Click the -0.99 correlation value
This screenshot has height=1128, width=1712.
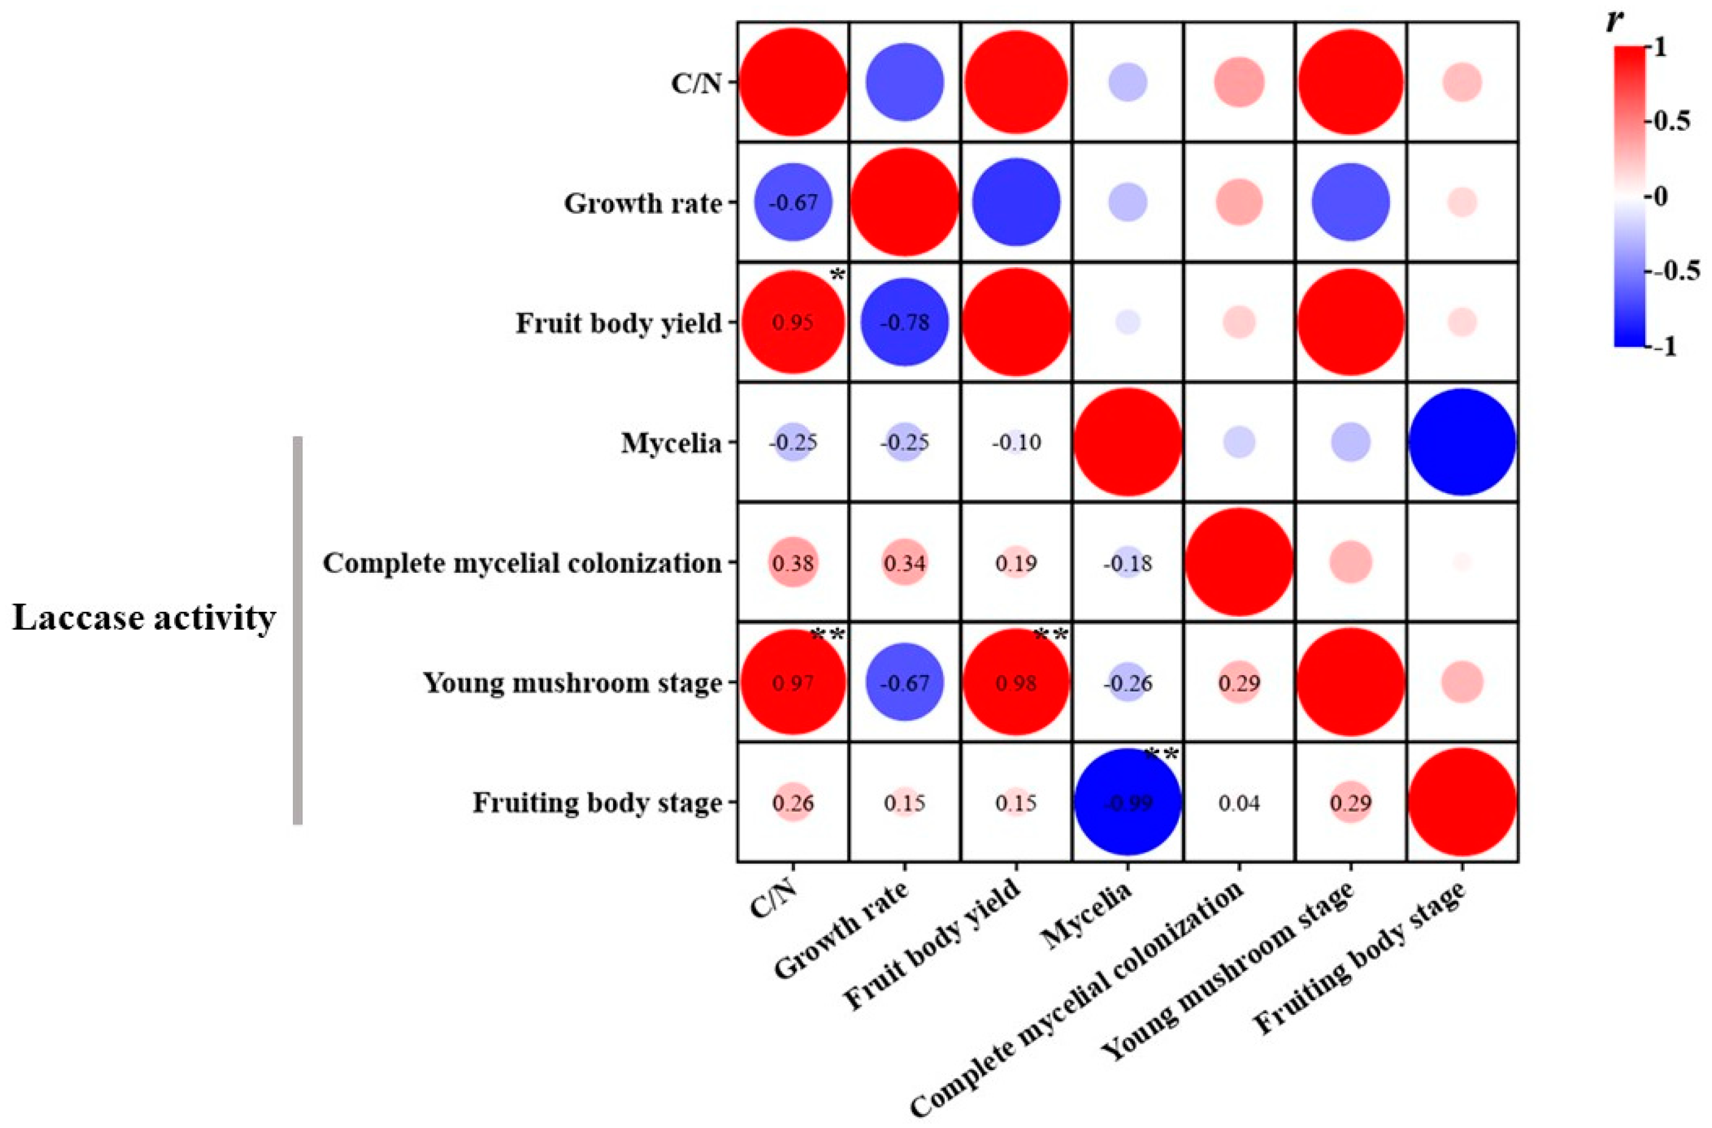(1127, 803)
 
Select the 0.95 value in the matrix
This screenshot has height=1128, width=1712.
(793, 323)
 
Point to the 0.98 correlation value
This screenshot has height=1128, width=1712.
(1016, 682)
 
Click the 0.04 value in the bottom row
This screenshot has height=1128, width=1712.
(1240, 803)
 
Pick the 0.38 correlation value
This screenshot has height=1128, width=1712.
(793, 563)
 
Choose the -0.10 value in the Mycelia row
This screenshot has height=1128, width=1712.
(1016, 443)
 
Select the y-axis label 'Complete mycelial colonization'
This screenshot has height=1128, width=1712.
(522, 563)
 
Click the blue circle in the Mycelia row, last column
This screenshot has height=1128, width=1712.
(1462, 443)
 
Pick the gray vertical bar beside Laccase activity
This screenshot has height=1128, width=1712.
(298, 629)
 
